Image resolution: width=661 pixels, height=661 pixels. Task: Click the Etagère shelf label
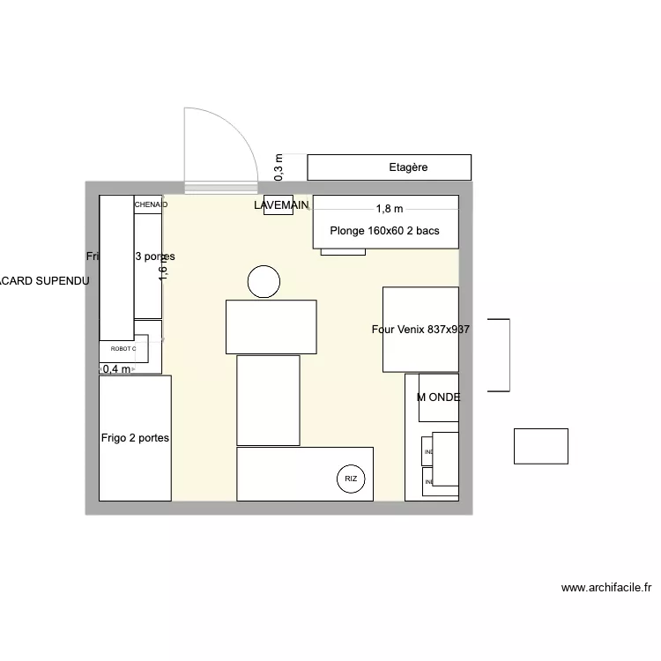[x=408, y=167]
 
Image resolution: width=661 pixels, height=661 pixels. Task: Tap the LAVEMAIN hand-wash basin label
[x=281, y=205]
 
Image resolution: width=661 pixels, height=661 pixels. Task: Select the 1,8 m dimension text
[x=389, y=209]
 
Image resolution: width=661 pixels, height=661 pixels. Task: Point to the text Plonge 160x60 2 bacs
[x=384, y=232]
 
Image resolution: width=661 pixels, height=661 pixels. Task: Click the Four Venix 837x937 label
[x=420, y=329]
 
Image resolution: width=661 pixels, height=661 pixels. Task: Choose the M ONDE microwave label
[x=438, y=397]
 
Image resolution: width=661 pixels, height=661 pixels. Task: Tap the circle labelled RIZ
[x=351, y=479]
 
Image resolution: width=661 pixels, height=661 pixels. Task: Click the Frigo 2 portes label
[x=135, y=437]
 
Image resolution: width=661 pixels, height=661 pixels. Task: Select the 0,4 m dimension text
[x=116, y=369]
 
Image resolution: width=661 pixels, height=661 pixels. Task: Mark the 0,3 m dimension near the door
[x=279, y=167]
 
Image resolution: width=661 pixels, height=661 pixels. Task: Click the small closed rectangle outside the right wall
[x=541, y=446]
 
